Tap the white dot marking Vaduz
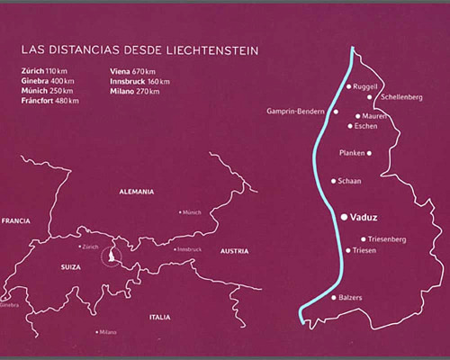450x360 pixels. pyautogui.click(x=345, y=216)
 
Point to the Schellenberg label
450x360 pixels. pyautogui.click(x=402, y=96)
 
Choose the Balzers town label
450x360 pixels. pyautogui.click(x=356, y=298)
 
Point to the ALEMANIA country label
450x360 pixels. pyautogui.click(x=137, y=192)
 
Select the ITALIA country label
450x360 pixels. pyautogui.click(x=160, y=317)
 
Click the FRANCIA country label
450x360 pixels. pyautogui.click(x=16, y=220)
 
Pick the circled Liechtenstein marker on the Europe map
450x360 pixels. pyautogui.click(x=112, y=256)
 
